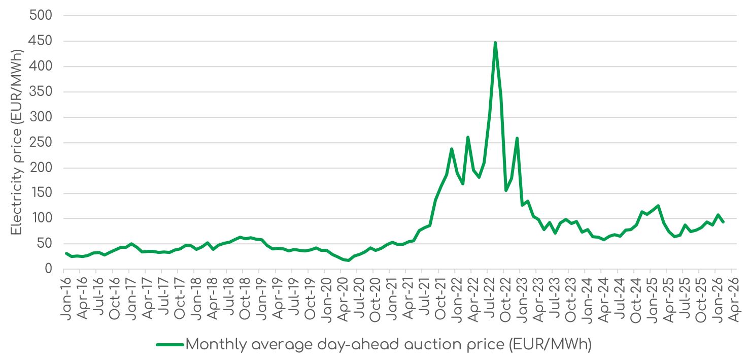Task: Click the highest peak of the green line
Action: pos(495,43)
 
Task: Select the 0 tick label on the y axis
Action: pos(49,269)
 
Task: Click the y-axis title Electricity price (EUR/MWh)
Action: pos(17,142)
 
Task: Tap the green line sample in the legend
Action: pos(169,345)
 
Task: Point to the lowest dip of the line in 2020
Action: pos(348,260)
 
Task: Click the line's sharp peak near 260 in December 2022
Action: pos(517,138)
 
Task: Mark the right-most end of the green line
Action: pos(723,222)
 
